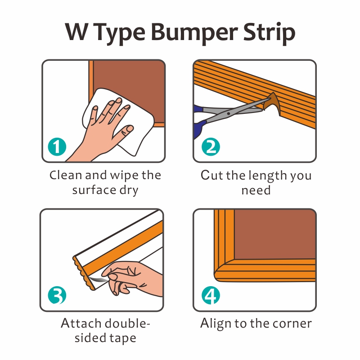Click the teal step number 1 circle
click(x=57, y=147)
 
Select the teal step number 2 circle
click(x=211, y=147)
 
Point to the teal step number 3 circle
click(x=57, y=295)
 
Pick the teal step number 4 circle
click(x=211, y=295)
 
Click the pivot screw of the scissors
click(x=229, y=113)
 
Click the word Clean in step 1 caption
click(x=66, y=175)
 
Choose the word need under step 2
click(x=256, y=190)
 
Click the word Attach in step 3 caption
click(x=81, y=324)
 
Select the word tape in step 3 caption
click(x=122, y=338)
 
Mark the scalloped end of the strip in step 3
click(x=83, y=273)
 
